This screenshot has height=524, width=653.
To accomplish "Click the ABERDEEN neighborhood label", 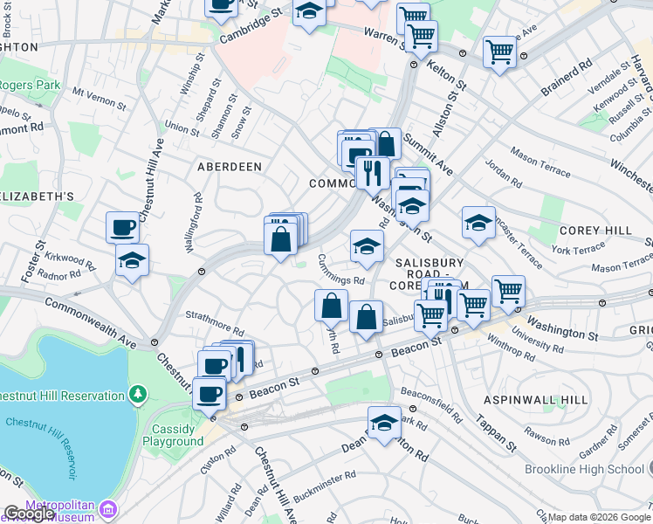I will coord(230,166).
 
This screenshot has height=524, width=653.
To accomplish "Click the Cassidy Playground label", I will coord(173,435).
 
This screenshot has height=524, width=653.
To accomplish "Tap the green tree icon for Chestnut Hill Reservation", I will coord(137,396).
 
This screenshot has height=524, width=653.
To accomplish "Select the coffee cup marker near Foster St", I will coord(123,227).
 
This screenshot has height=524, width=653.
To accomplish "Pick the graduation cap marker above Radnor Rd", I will coord(132,260).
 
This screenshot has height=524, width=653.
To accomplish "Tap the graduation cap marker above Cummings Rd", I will coord(368,247).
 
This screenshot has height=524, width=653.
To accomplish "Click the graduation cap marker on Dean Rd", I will coord(384,424).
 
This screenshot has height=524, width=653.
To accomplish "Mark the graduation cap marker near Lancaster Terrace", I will coord(478,224).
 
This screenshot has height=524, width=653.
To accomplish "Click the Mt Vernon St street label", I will coord(99,97).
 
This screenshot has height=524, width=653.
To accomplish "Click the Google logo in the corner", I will coord(29,514).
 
